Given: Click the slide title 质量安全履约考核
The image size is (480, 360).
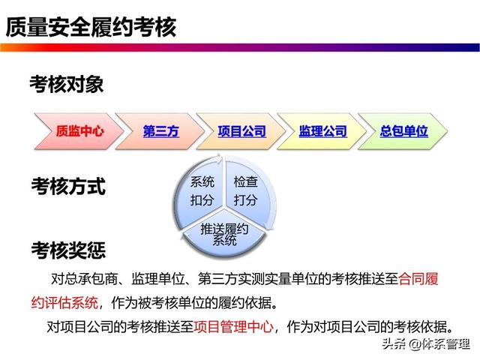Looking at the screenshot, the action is tap(91, 27).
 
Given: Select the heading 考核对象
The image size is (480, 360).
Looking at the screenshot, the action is tap(67, 84).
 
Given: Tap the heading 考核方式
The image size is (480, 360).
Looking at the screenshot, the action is tap(68, 186).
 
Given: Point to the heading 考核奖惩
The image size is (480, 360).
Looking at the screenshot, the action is tap(68, 250).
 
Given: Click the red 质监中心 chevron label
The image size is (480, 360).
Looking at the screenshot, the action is tap(80, 131).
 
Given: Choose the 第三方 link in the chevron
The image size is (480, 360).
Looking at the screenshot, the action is tap(161, 131).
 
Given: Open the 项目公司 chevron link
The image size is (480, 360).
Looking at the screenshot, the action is tap(241, 131).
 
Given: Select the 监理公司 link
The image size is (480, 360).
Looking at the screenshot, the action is tap(323, 131).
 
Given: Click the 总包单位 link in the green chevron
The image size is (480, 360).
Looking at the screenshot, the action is tap(403, 131).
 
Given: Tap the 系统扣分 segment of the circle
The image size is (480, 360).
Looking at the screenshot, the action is tap(202, 190).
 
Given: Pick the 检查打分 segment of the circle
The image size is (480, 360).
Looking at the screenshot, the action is tap(246, 190).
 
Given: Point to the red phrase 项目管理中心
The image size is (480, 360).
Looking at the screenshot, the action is tap(233, 327).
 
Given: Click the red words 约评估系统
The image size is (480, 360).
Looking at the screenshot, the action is tap(64, 303).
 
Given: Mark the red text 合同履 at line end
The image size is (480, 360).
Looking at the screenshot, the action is tap(418, 279).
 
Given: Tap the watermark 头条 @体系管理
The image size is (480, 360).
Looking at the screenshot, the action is tap(426, 344).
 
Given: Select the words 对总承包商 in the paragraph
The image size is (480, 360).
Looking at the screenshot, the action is tap(84, 279).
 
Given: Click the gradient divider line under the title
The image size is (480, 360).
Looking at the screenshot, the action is tap(240, 47).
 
